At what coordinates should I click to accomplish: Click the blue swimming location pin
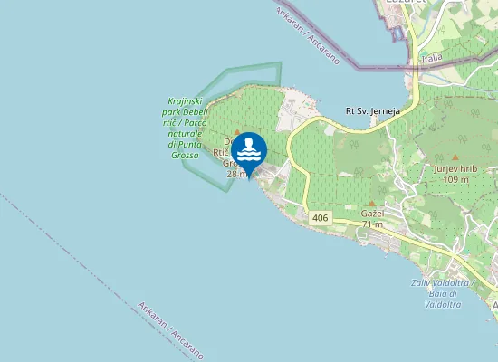pos(249,150)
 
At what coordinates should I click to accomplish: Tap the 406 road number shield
pos(320,219)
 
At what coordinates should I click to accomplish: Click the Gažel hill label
pos(373,213)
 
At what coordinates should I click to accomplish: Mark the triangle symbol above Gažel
pos(372,201)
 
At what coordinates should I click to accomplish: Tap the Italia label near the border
pos(432,58)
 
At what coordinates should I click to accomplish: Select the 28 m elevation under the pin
pos(238,174)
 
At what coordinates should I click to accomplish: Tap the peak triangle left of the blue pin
pos(235,133)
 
